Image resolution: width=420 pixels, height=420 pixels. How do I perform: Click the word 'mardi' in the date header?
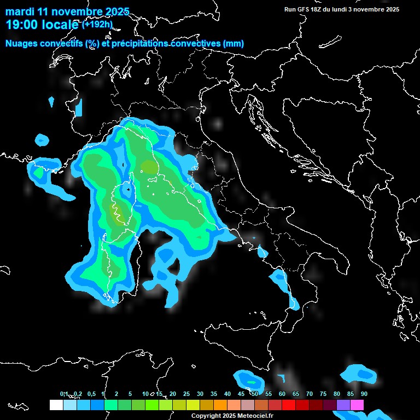pos(20,11)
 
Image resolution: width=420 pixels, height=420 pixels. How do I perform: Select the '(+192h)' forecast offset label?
pos(97,25)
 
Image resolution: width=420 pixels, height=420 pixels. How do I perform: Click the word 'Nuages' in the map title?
pos(22,44)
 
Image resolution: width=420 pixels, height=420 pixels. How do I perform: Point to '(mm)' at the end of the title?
pos(233,44)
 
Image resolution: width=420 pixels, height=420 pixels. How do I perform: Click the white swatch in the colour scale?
pos(56,405)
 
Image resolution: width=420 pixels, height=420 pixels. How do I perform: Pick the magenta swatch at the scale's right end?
pos(357,405)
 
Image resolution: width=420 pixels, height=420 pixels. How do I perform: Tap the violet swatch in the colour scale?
pos(343,405)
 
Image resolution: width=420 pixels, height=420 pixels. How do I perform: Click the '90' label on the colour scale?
pos(364,394)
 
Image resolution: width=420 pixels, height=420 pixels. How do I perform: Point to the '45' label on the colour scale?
pos(241,394)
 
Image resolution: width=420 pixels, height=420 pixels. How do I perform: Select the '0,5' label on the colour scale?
pos(91,394)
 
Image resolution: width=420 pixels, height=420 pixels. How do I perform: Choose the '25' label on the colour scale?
pos(186,394)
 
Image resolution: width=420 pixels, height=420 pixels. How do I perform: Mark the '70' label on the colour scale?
pos(310,394)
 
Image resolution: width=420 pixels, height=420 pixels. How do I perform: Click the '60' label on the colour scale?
pos(282,394)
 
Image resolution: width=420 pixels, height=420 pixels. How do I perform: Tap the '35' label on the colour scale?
pos(214,394)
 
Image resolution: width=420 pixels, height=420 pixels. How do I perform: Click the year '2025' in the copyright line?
pos(229,416)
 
